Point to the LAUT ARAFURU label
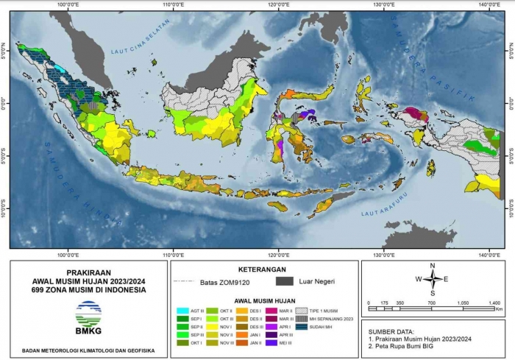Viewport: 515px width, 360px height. pos(383,213)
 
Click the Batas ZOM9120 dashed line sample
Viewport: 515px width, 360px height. pos(183,281)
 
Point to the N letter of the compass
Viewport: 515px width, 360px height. pos(433,266)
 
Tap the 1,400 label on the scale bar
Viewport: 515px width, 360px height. pos(494,303)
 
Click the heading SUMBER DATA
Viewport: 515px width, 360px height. pos(393,332)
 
